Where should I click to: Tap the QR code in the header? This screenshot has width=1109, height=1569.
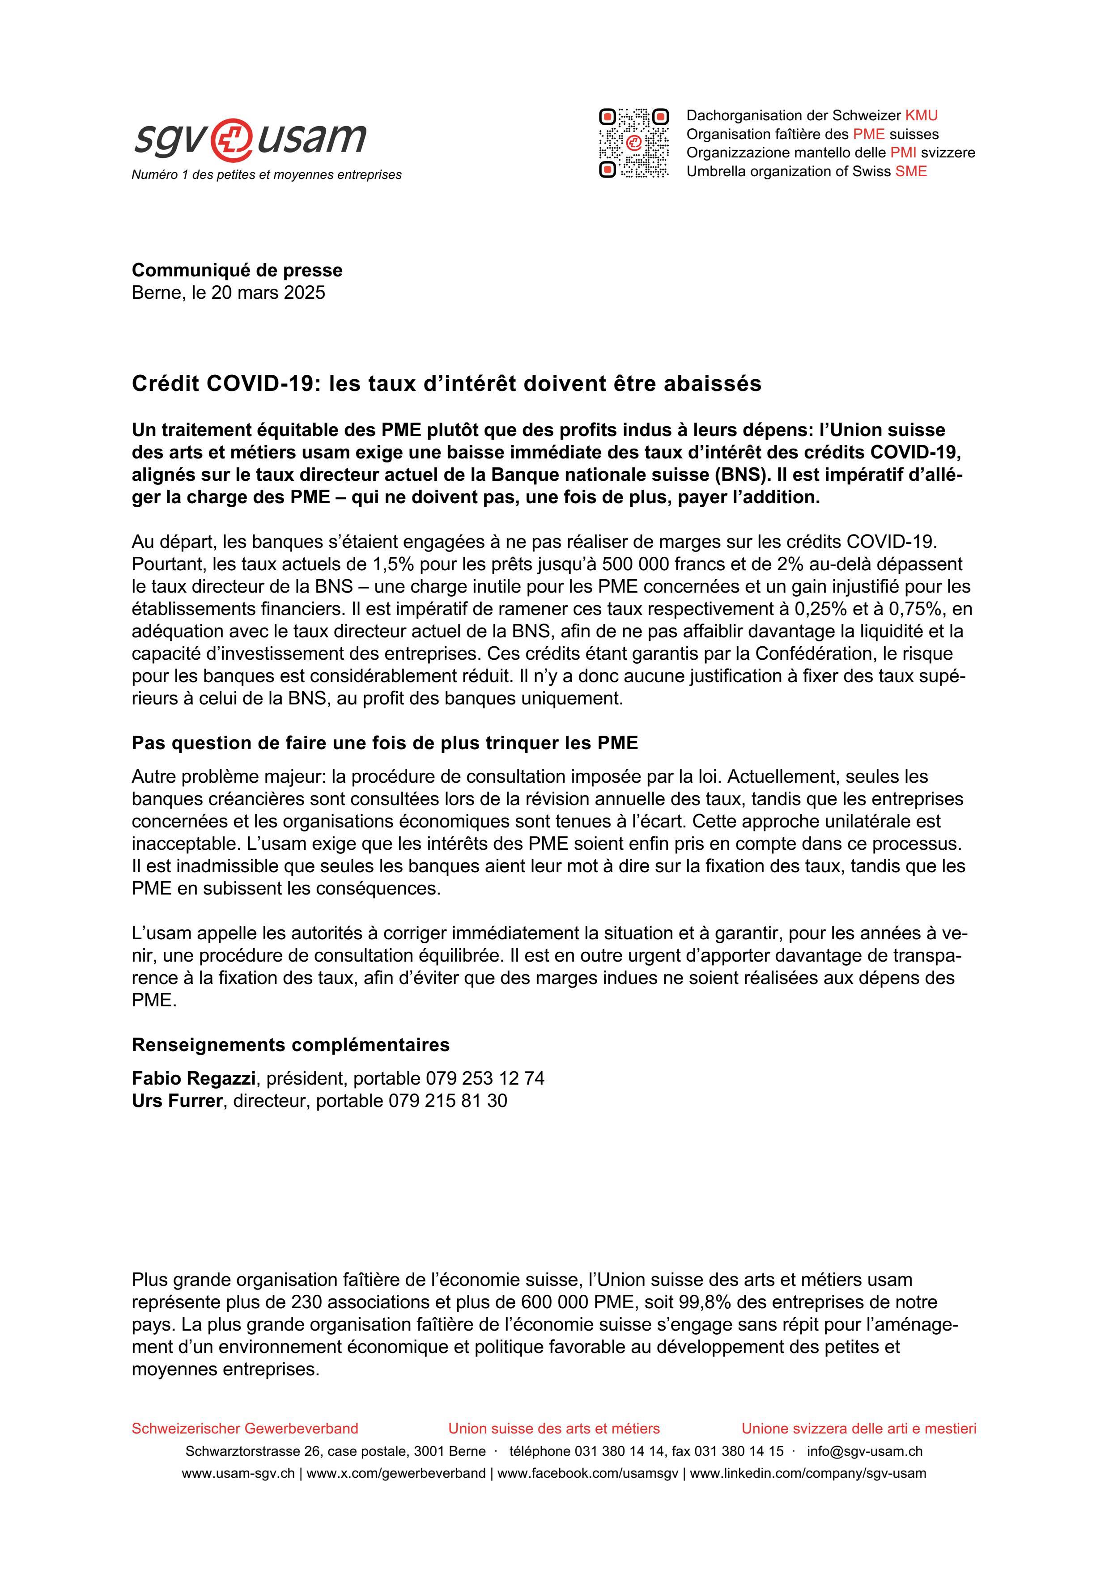click(633, 144)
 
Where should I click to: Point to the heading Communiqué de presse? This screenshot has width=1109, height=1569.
click(237, 270)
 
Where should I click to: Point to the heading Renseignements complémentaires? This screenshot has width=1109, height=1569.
click(290, 1045)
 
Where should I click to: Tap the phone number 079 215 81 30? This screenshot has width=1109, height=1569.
click(447, 1101)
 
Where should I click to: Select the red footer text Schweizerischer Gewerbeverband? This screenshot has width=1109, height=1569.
click(245, 1428)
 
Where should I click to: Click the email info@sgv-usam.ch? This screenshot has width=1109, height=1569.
click(864, 1451)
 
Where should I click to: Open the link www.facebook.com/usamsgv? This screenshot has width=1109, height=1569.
click(588, 1473)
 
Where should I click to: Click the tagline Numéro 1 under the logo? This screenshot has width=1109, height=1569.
click(267, 175)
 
